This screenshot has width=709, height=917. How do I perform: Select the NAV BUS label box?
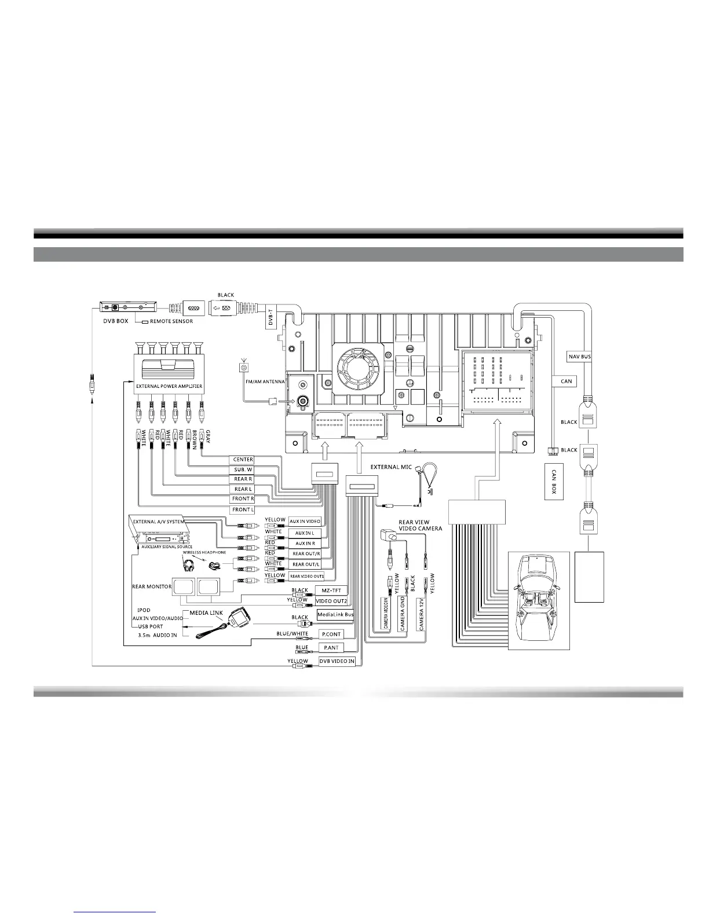pos(578,357)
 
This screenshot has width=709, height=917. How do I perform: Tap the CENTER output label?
pos(243,460)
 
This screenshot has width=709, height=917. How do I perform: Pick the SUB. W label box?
pos(243,469)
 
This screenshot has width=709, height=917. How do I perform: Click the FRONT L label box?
pos(243,510)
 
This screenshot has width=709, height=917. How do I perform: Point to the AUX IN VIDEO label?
pos(305,522)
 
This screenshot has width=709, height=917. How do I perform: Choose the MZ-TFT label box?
pos(331,590)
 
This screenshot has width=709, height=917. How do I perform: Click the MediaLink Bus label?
pos(335,614)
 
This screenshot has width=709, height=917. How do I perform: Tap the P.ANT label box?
pos(331,648)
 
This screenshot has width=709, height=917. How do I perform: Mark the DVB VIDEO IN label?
pos(336,661)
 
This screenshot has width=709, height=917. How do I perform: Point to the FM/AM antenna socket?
pos(302,400)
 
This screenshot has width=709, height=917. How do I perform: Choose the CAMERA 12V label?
pos(421,615)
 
